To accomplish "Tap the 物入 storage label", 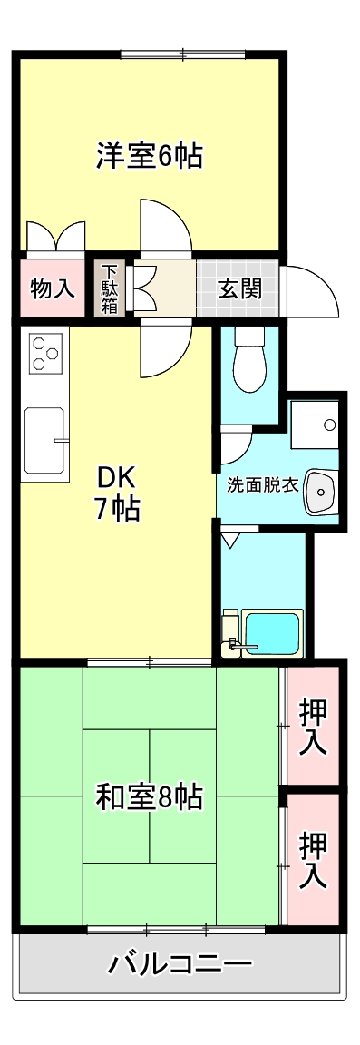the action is (52, 289).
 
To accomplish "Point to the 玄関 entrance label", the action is (238, 289).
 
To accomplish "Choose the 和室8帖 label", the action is (150, 796).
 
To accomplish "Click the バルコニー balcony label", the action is (180, 963).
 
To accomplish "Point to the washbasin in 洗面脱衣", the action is (321, 492).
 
